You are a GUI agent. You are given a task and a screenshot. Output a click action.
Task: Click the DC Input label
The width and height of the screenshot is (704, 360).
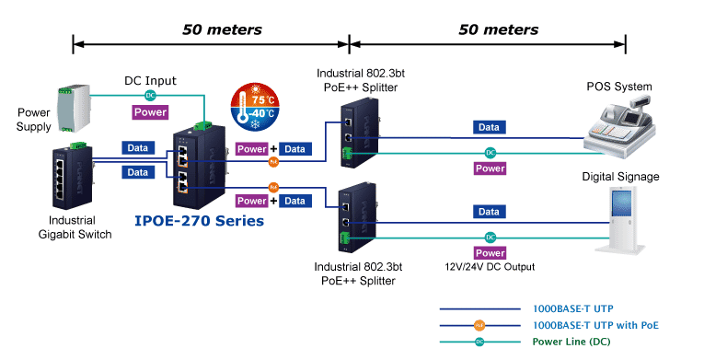[150, 81]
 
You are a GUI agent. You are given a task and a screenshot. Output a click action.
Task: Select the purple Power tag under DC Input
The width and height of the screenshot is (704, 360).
[150, 112]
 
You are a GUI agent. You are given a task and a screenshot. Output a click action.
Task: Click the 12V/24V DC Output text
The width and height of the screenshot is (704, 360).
[489, 267]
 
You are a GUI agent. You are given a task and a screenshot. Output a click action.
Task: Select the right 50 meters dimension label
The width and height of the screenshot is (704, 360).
[498, 29]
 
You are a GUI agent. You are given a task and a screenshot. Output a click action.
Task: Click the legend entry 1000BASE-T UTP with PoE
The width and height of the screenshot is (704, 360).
[595, 325]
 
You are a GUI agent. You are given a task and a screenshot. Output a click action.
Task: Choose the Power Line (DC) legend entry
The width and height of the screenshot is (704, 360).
[571, 341]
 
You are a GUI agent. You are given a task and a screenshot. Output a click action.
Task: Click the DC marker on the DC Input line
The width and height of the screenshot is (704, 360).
[149, 96]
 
